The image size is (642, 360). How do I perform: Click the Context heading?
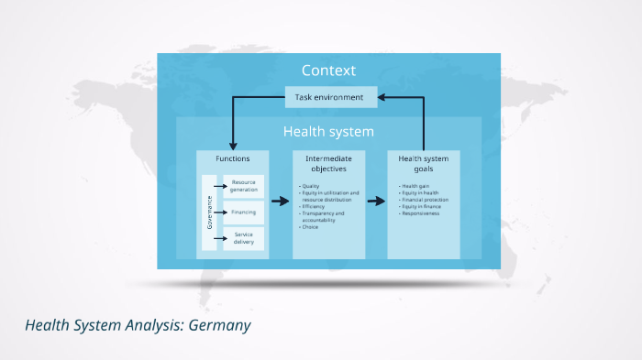pyautogui.click(x=328, y=71)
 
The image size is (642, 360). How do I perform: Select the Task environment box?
pyautogui.click(x=328, y=96)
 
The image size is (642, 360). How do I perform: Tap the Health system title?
pyautogui.click(x=328, y=131)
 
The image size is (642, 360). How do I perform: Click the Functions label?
pyautogui.click(x=232, y=158)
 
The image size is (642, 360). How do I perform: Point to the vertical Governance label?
pyautogui.click(x=209, y=212)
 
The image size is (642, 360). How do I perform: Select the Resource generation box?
pyautogui.click(x=244, y=186)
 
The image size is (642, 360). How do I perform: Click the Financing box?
pyautogui.click(x=244, y=212)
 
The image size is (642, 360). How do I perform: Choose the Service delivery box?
pyautogui.click(x=244, y=238)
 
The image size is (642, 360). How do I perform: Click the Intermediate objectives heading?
pyautogui.click(x=327, y=163)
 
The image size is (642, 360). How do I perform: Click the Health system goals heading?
pyautogui.click(x=423, y=163)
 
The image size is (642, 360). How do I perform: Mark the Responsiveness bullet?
pyautogui.click(x=419, y=213)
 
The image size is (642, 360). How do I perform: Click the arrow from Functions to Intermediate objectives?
pyautogui.click(x=280, y=202)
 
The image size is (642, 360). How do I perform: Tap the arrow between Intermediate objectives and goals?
pyautogui.click(x=375, y=202)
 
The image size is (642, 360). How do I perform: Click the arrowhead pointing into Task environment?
pyautogui.click(x=383, y=96)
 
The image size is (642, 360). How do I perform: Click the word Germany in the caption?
pyautogui.click(x=219, y=325)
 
